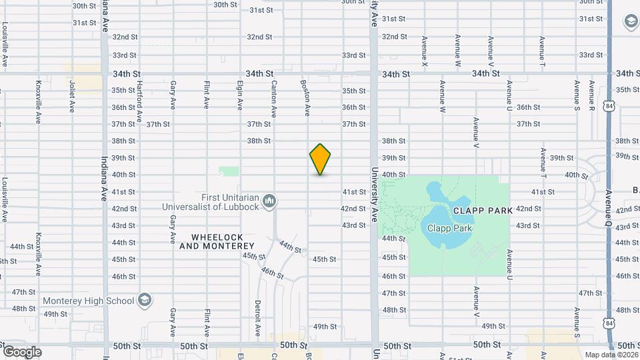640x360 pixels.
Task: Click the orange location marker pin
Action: tap(320, 159)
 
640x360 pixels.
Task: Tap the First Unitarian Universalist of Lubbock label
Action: tap(211, 202)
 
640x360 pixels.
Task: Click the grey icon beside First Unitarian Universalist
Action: tap(270, 201)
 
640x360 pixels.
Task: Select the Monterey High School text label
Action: tap(89, 301)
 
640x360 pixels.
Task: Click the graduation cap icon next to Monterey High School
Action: tap(143, 301)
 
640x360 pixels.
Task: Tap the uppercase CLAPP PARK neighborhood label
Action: tap(483, 211)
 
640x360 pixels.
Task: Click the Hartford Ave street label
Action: tap(139, 99)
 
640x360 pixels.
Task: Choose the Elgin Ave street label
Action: tap(239, 95)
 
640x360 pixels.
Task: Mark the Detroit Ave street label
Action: tap(257, 319)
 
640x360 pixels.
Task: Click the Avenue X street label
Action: tap(425, 51)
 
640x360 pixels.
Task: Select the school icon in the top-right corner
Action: tap(629, 22)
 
